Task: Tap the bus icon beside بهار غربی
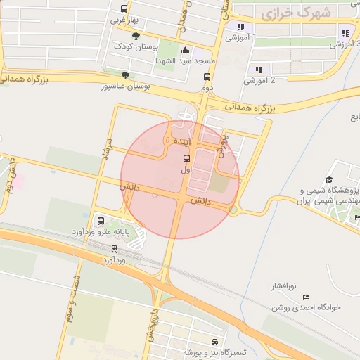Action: click(x=124, y=9)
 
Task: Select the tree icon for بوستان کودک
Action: click(x=136, y=36)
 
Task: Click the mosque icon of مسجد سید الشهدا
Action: click(x=185, y=51)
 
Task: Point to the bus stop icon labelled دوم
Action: click(x=207, y=77)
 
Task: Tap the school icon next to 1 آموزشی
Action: click(x=240, y=27)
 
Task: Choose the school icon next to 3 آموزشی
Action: click(x=345, y=32)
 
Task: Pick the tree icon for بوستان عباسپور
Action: click(x=125, y=75)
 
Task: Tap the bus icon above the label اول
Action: click(x=186, y=158)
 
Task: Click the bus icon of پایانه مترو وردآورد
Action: click(x=99, y=220)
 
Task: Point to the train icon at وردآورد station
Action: click(x=114, y=249)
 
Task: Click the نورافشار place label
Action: click(x=285, y=286)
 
